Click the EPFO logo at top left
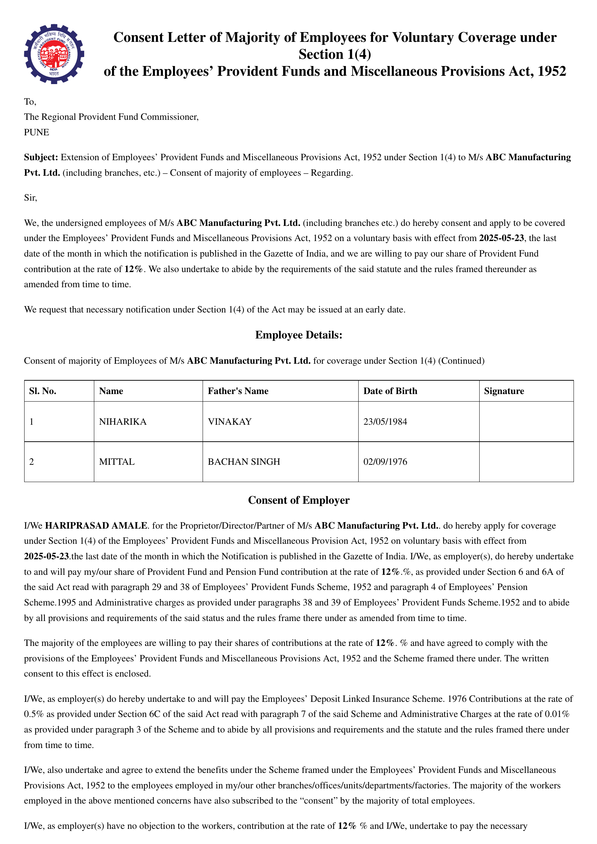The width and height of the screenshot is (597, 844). click(54, 54)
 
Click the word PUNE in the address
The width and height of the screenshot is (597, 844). click(36, 132)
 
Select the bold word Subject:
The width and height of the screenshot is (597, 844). click(41, 157)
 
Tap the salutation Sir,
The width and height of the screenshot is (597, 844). click(31, 198)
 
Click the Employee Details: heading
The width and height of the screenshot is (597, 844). click(298, 335)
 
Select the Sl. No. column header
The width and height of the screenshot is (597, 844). click(43, 391)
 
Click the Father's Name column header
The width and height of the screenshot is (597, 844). click(238, 391)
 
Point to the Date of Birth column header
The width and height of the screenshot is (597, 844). click(390, 391)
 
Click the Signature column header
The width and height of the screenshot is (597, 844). click(503, 391)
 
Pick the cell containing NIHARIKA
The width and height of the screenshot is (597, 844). click(123, 421)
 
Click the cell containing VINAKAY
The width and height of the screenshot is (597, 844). click(230, 421)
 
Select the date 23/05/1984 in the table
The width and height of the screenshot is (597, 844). click(385, 421)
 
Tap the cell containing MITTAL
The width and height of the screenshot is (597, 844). click(117, 462)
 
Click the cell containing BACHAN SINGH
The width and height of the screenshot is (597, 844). click(244, 462)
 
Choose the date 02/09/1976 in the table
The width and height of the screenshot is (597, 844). click(385, 462)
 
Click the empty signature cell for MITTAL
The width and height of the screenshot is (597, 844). click(526, 462)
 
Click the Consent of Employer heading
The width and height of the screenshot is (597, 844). click(298, 500)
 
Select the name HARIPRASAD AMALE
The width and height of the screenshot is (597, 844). click(96, 526)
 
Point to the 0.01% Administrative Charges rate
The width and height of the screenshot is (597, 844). click(557, 714)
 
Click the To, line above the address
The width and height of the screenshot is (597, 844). click(30, 101)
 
